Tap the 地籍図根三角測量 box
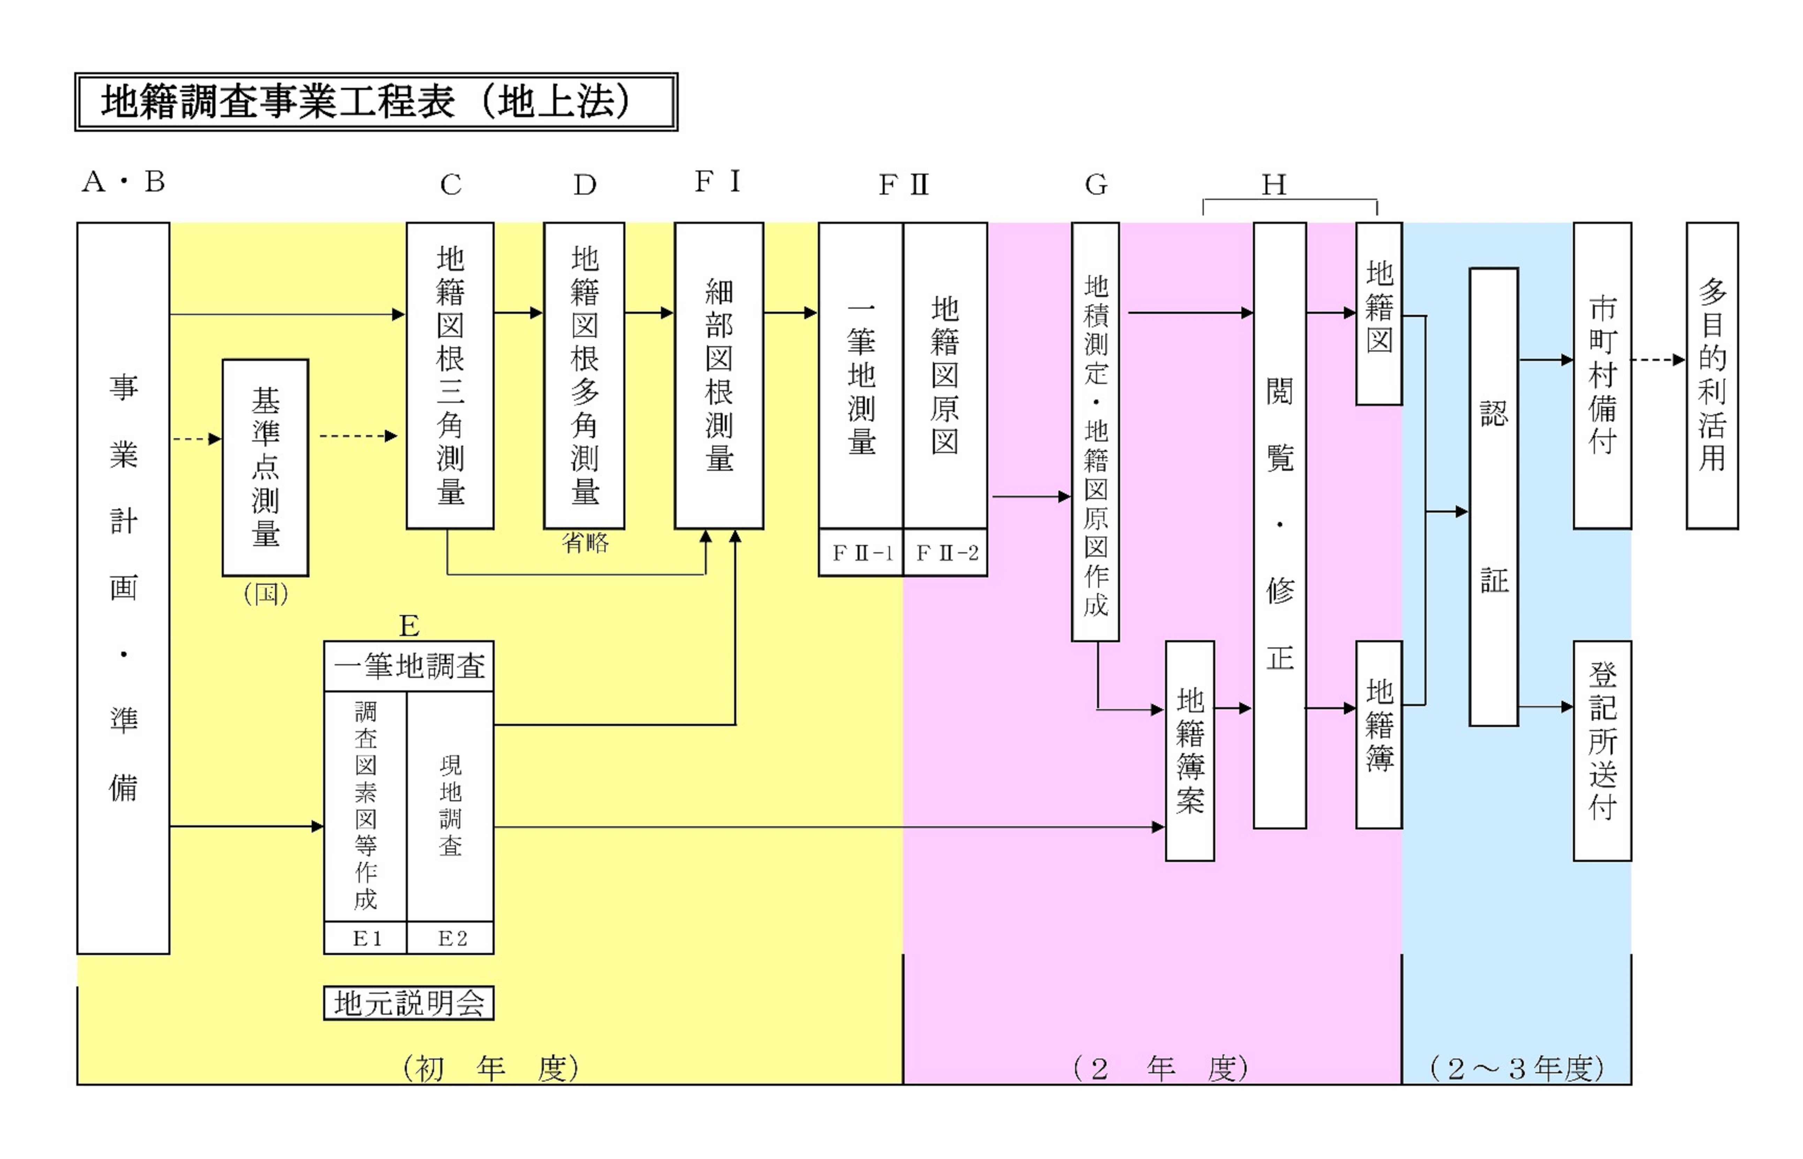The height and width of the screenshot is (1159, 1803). coord(450,375)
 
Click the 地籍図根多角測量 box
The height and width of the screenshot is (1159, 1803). coord(584,375)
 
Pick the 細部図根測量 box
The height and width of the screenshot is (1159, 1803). coord(718,375)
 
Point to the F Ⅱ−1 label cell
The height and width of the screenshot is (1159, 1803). coord(861,553)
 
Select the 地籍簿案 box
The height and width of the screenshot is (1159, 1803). coord(1190,750)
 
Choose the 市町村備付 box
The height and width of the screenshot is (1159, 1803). coord(1602,375)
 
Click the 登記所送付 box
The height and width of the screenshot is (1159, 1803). coord(1602,750)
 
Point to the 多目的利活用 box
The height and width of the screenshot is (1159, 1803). coord(1712,375)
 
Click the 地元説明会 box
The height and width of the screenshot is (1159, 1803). coord(409,1002)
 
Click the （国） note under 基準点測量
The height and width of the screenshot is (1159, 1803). coord(266,594)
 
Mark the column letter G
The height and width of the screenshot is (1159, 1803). coord(1096,184)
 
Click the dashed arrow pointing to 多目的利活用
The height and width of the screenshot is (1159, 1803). coord(1658,360)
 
